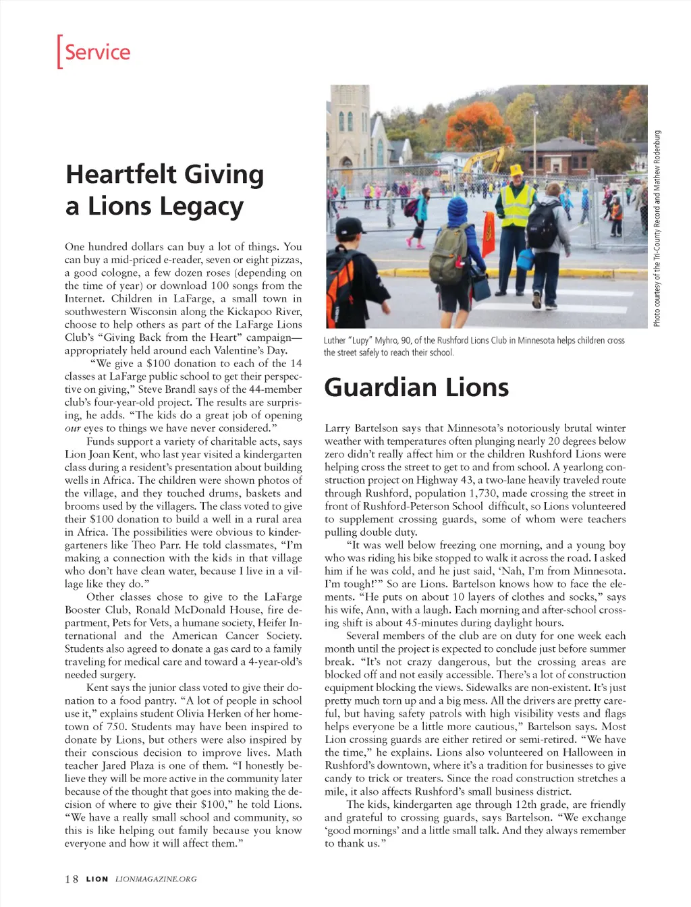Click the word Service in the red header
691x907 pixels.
(98, 52)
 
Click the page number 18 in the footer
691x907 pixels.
(72, 879)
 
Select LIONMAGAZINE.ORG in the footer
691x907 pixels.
(156, 879)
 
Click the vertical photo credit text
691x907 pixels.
(657, 229)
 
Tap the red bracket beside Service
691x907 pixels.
(59, 51)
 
